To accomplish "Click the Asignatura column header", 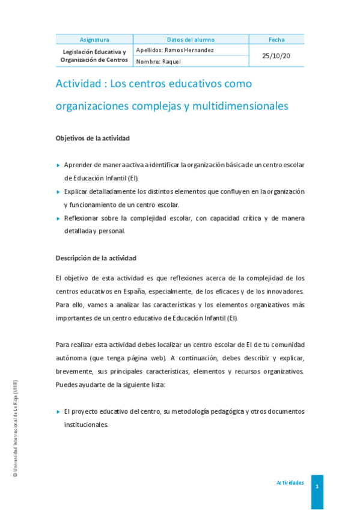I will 94,40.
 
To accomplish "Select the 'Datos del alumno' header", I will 191,40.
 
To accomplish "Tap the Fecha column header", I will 276,40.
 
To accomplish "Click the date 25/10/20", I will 276,55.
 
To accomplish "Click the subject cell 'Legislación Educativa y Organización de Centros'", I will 94,56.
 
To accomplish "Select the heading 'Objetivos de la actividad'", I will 93,138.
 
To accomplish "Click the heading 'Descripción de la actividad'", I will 96,258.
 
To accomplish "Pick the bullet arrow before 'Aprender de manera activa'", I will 58,165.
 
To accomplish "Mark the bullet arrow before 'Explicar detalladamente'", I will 58,191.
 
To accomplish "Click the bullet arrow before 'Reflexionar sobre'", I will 58,218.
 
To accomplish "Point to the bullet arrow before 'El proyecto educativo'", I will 58,411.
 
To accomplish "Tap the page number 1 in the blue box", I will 317,486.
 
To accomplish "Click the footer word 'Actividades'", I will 290,483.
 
